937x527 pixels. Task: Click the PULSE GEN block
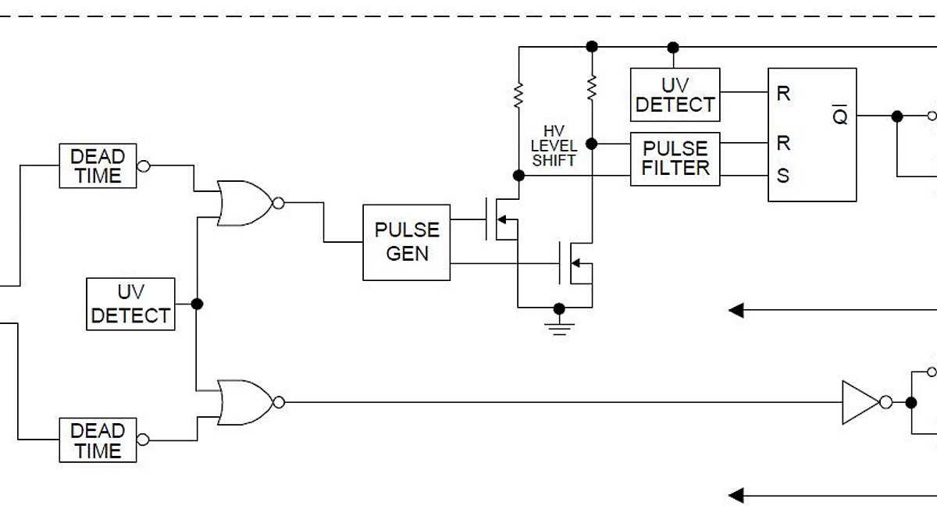point(407,242)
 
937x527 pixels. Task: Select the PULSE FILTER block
point(675,158)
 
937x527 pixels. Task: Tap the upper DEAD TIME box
point(98,166)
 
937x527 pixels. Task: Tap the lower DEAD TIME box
point(98,440)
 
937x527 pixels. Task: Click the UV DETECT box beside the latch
point(675,94)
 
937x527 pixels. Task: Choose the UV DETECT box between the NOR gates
point(130,304)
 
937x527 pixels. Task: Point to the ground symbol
point(558,323)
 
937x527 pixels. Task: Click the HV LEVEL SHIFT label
point(554,147)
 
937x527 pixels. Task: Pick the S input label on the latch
point(782,176)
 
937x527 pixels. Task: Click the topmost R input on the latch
point(783,94)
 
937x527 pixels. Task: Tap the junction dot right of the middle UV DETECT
point(197,304)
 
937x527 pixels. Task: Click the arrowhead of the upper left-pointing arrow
point(736,311)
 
